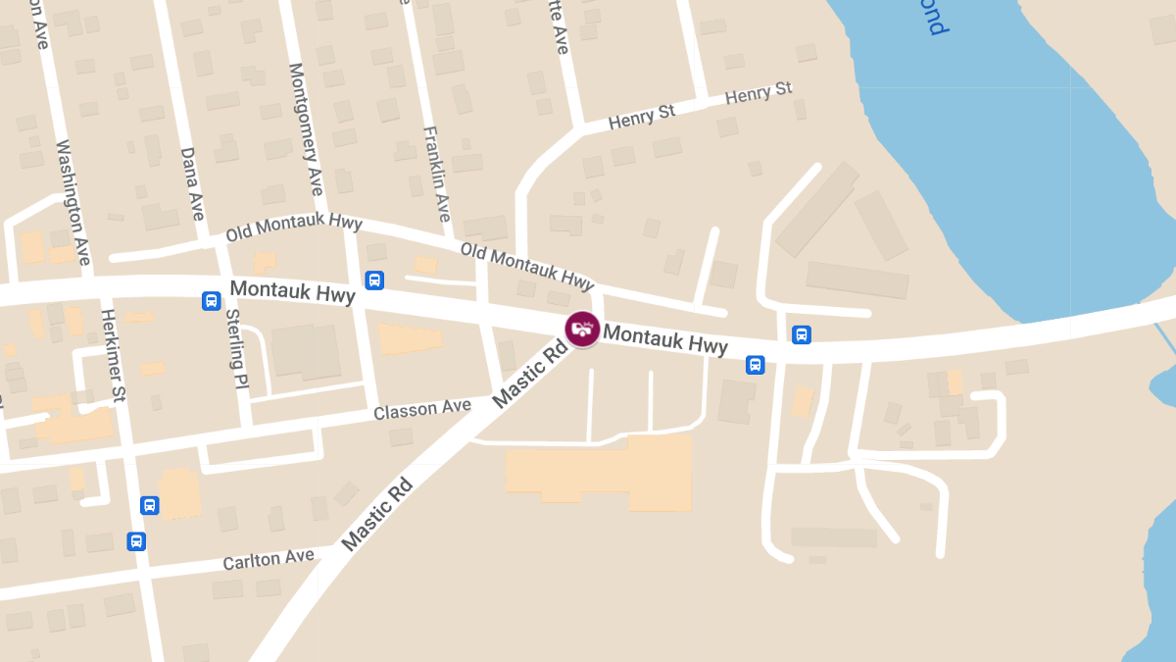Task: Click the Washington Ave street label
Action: pos(73,202)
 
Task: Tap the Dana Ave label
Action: pos(192,183)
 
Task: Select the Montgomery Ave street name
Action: pos(305,129)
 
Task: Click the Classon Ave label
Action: pos(421,409)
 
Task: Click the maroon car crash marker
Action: pos(583,328)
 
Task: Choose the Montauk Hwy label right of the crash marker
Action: pos(665,340)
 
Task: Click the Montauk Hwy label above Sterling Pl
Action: pos(292,292)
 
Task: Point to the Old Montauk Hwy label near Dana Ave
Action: pos(293,228)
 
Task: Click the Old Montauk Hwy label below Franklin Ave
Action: pos(527,267)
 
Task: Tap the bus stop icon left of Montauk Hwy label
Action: pos(211,300)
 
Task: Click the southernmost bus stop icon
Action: pos(136,540)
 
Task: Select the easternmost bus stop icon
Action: pos(801,334)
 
